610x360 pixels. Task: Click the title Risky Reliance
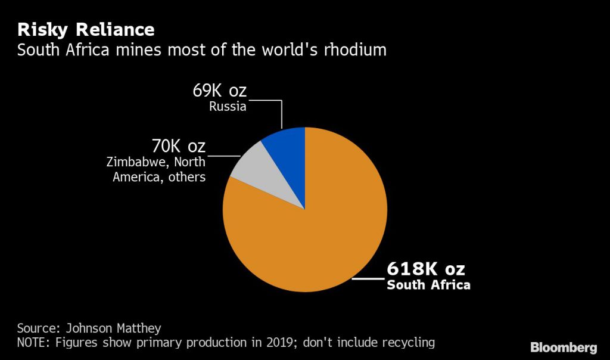pyautogui.click(x=86, y=29)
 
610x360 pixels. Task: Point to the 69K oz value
pyautogui.click(x=219, y=91)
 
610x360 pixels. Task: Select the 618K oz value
pyautogui.click(x=425, y=268)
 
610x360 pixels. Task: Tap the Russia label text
pyautogui.click(x=227, y=108)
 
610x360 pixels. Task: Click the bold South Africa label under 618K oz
pyautogui.click(x=428, y=285)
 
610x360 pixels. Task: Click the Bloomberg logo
pyautogui.click(x=563, y=347)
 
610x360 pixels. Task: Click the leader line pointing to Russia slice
pyautogui.click(x=281, y=113)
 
